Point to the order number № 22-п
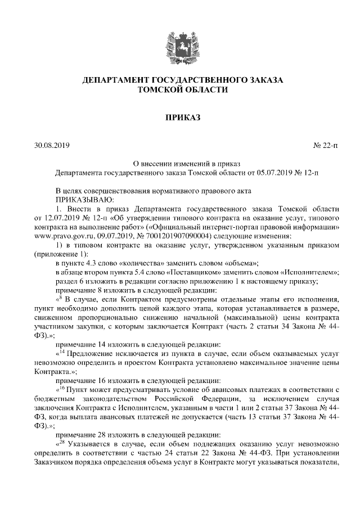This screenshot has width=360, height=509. click(326, 146)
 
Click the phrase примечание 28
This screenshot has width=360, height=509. click(82, 434)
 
